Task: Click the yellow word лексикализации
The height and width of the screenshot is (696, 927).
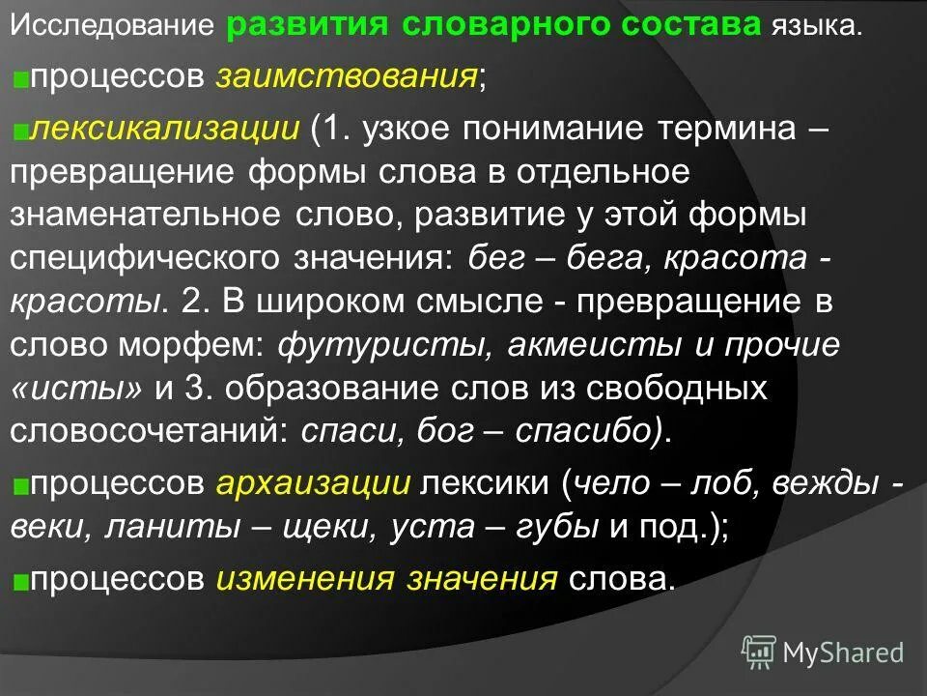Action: pos(164,129)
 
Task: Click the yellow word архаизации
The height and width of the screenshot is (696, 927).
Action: pos(315,483)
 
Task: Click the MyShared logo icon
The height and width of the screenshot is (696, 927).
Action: pos(759,652)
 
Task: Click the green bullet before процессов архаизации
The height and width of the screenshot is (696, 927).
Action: pos(20,485)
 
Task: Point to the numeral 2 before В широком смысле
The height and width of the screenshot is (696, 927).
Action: pos(191,301)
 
